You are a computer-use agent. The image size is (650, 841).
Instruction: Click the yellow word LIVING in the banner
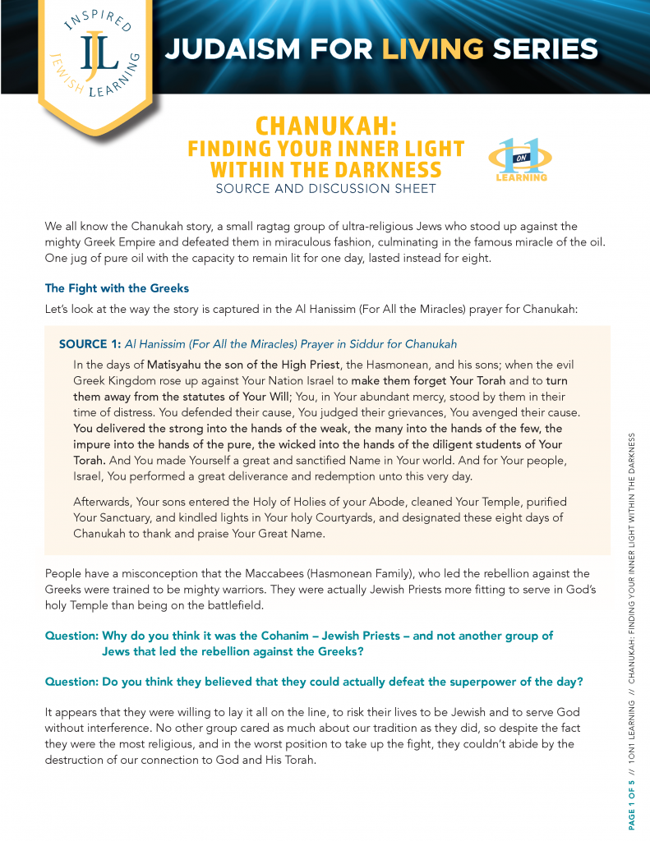(432, 49)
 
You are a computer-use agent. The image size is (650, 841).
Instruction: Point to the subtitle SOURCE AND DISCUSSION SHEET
(325, 189)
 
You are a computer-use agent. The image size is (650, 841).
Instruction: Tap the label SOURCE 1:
(90, 344)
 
